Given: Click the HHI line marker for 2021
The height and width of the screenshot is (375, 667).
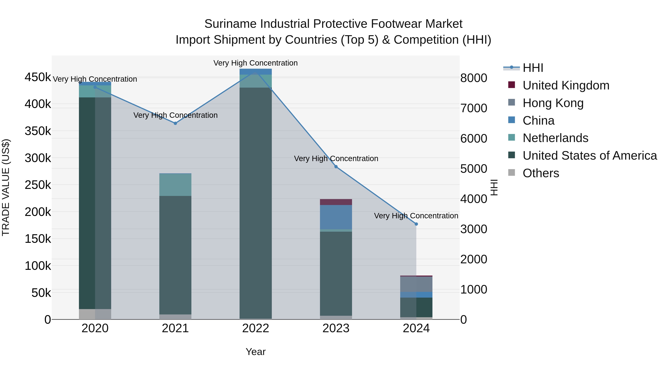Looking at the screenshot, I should click(175, 124).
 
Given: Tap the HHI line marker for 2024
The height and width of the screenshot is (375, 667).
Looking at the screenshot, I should click(416, 224).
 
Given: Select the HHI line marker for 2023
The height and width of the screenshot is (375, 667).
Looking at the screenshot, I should click(336, 167).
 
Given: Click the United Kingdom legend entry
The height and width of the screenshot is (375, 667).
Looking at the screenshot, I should click(566, 85).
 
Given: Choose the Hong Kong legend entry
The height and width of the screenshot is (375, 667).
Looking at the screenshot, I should click(553, 103).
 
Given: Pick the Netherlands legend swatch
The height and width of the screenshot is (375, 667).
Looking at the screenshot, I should click(511, 138).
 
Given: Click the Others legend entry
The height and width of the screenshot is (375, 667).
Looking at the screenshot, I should click(541, 173).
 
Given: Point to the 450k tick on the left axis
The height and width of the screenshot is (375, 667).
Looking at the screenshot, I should click(38, 77).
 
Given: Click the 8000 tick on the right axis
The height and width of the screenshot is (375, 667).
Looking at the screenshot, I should click(474, 78).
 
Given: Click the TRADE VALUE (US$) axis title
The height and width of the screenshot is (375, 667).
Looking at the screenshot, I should click(6, 187).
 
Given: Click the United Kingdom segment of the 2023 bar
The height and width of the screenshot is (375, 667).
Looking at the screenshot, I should click(336, 202).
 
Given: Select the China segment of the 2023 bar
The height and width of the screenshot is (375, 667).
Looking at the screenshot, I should click(336, 217).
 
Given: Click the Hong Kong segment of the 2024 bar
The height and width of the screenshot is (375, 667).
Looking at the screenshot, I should click(416, 284).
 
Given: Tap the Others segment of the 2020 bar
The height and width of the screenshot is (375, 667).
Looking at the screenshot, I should click(95, 314).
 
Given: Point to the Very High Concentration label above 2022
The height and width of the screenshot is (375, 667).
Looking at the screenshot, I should click(255, 63).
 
